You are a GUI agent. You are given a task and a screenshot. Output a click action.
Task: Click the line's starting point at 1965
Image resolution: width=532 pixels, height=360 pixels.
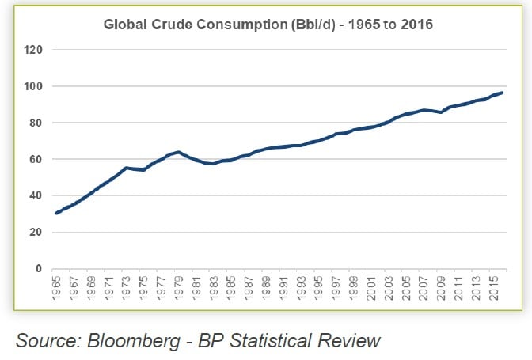(58, 213)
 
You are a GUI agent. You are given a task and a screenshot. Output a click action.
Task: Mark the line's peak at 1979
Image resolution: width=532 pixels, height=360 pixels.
(179, 152)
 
